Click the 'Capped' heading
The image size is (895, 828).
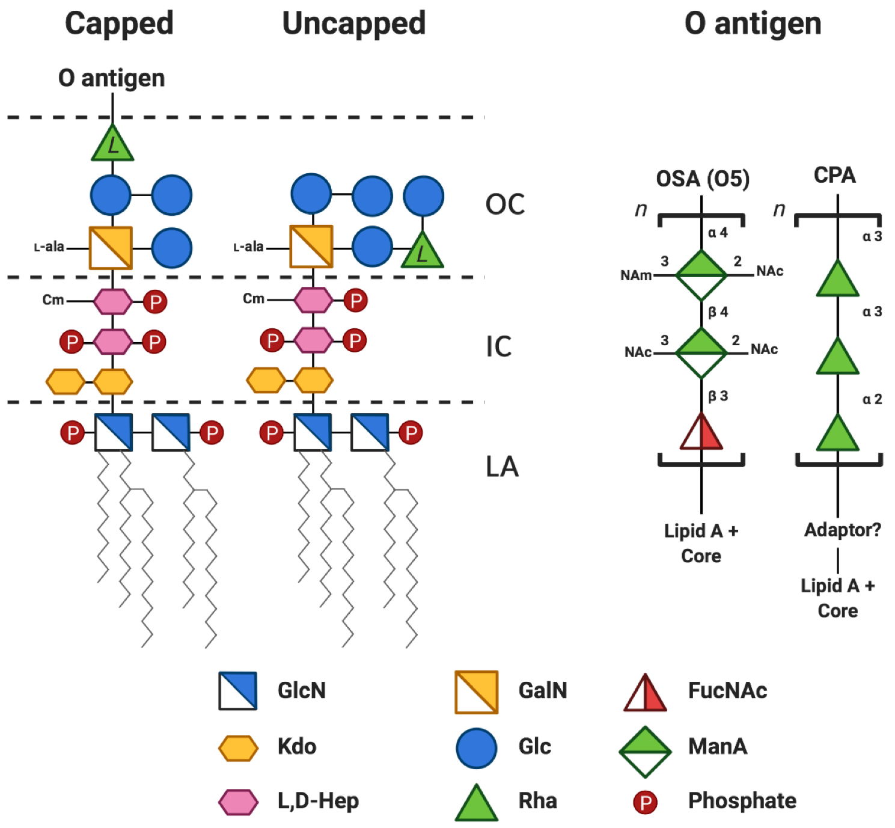[119, 24]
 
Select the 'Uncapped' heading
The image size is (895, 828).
[353, 24]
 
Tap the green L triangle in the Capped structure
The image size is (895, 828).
[112, 145]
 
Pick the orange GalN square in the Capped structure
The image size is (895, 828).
[111, 248]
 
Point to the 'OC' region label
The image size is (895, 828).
[505, 204]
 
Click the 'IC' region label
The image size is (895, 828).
[498, 346]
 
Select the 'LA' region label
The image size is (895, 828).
[502, 467]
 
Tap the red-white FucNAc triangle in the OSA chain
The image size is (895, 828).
[701, 433]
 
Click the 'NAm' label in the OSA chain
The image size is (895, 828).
[636, 275]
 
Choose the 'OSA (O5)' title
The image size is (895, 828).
[703, 179]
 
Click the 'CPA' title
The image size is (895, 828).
[834, 175]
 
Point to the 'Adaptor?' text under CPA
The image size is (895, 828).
[842, 530]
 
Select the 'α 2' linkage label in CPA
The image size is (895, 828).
[872, 399]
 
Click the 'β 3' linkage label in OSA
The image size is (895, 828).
[718, 396]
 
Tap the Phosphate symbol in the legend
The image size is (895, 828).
[645, 802]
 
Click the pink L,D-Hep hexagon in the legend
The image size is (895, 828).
[238, 802]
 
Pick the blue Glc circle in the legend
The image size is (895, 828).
[476, 749]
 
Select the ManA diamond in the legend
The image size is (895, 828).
[645, 752]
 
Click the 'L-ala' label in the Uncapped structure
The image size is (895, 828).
[248, 247]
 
